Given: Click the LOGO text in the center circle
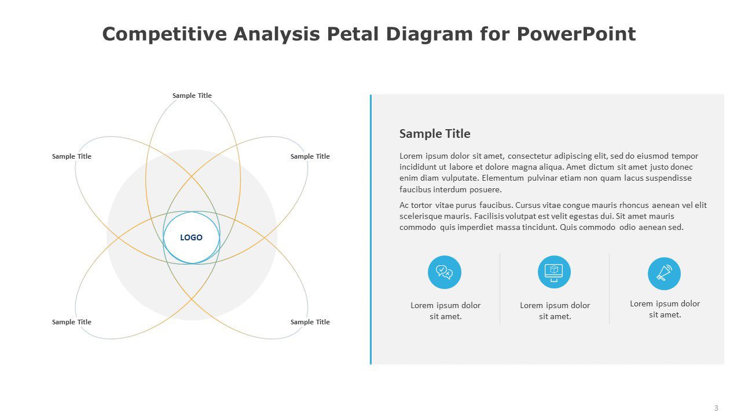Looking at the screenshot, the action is pyautogui.click(x=191, y=237).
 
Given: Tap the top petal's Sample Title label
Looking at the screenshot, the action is pyautogui.click(x=192, y=96).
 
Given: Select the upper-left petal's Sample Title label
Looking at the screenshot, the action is pyautogui.click(x=71, y=156).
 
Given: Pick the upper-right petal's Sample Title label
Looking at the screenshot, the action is pyautogui.click(x=310, y=156).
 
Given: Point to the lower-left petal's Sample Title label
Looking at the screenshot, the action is pyautogui.click(x=71, y=322).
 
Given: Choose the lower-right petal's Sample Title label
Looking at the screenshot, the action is pyautogui.click(x=310, y=322).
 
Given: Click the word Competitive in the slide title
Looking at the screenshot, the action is pyautogui.click(x=164, y=34).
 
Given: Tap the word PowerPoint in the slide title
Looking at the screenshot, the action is pyautogui.click(x=576, y=34).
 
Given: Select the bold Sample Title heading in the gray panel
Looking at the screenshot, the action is pyautogui.click(x=435, y=134).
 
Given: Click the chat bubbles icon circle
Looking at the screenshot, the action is pyautogui.click(x=444, y=272).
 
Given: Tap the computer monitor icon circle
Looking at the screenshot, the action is pyautogui.click(x=554, y=272).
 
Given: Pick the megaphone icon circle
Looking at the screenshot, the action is pyautogui.click(x=664, y=274).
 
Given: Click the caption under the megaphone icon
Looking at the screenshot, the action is pyautogui.click(x=665, y=309).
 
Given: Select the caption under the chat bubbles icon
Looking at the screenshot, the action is pyautogui.click(x=445, y=311).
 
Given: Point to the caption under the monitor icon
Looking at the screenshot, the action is pyautogui.click(x=555, y=311).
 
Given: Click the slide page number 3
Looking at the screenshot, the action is pyautogui.click(x=716, y=408).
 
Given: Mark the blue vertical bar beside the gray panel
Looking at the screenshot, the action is pyautogui.click(x=371, y=229).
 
